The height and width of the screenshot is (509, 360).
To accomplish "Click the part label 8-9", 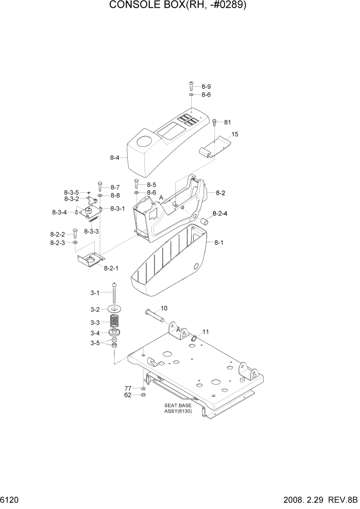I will click(206, 86).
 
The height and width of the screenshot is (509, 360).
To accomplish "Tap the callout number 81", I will click(228, 122).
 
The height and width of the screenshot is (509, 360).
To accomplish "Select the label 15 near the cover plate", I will click(235, 134).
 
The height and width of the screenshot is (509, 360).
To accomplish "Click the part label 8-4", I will click(115, 158).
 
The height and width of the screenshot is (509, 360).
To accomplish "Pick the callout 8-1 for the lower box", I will click(218, 242).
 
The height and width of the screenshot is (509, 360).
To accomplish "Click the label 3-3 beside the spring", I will click(95, 323).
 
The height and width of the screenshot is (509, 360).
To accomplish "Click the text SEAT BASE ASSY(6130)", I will click(178, 408).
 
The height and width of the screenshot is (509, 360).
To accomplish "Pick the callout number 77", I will click(128, 388).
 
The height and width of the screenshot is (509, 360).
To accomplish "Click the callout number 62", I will click(128, 395).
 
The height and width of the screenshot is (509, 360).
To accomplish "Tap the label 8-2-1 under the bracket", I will click(111, 268).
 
